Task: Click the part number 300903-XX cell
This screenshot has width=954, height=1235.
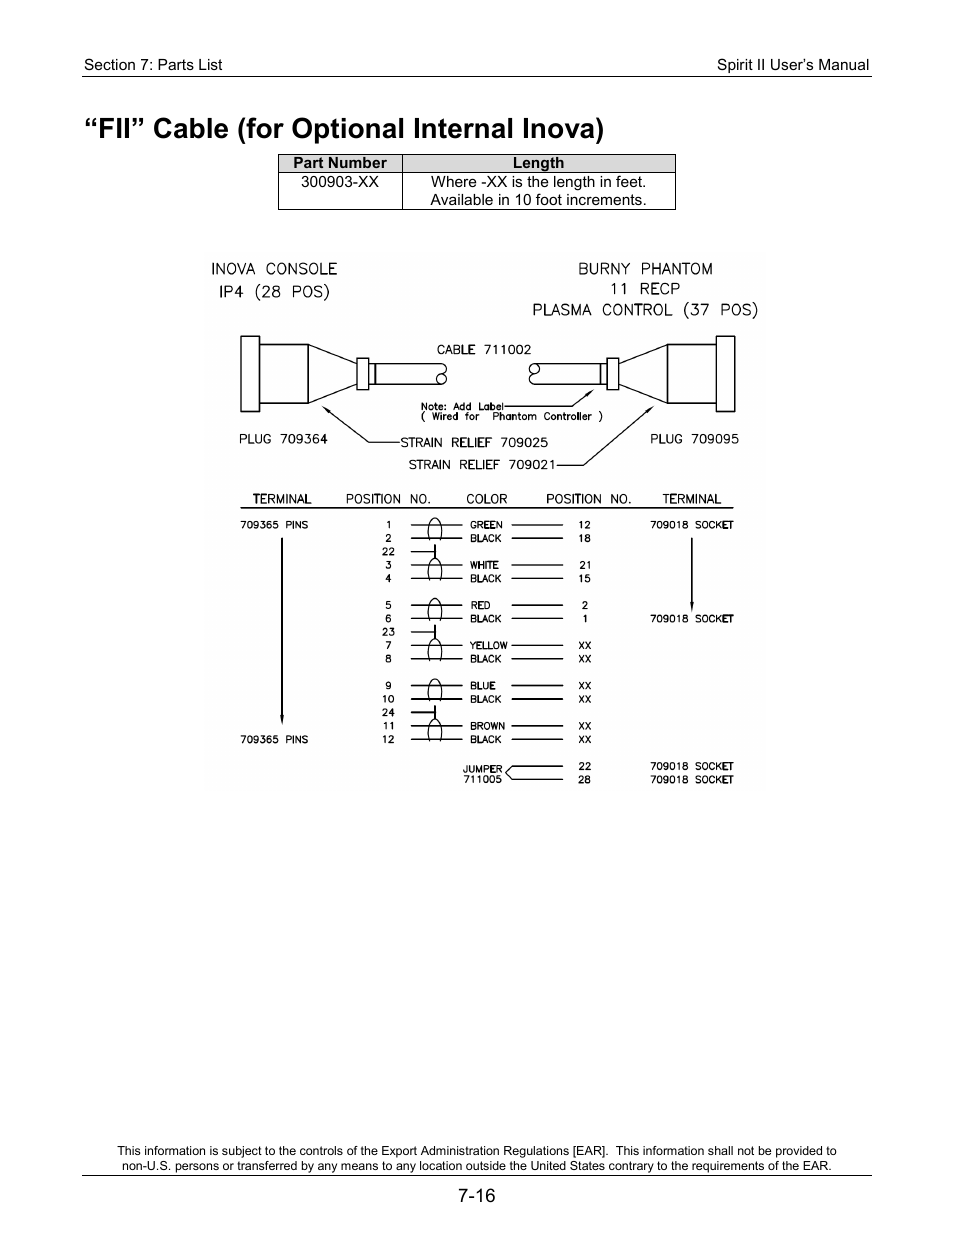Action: [340, 182]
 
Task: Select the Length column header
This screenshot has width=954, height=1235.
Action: [538, 163]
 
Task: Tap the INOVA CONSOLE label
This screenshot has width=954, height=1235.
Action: [274, 269]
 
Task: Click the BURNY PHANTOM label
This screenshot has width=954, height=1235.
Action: [645, 269]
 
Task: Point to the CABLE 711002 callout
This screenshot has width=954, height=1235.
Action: [484, 350]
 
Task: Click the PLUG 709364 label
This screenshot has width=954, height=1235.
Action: [283, 439]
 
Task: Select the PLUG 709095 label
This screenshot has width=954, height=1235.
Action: [694, 439]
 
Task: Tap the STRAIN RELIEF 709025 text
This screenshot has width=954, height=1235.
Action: [474, 442]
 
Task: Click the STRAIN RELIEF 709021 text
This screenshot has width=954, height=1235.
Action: [481, 465]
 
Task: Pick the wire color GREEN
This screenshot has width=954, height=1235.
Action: [486, 525]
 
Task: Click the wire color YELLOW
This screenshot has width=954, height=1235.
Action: [488, 646]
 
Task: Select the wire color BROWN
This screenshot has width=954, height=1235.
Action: [487, 726]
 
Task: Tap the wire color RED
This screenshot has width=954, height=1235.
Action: [480, 605]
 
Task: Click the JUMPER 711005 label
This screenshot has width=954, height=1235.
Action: [482, 774]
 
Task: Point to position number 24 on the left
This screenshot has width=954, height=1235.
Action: [388, 713]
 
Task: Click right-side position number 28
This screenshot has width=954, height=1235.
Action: [584, 780]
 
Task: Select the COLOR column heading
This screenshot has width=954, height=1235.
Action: [486, 499]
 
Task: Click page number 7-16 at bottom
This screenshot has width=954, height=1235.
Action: [477, 1195]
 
